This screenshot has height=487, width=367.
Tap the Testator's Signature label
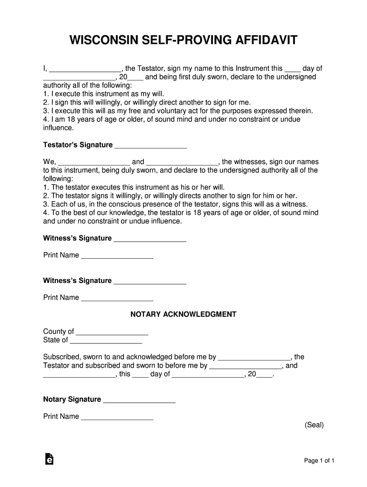[x=78, y=145]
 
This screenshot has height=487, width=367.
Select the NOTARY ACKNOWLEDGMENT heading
[x=183, y=314]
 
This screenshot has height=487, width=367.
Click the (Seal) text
[x=314, y=425]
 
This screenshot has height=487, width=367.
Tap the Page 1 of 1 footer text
[x=319, y=461]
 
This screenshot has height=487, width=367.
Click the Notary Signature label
[x=72, y=399]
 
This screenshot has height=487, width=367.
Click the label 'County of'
[x=58, y=331]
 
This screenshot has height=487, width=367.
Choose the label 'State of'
[x=55, y=340]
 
